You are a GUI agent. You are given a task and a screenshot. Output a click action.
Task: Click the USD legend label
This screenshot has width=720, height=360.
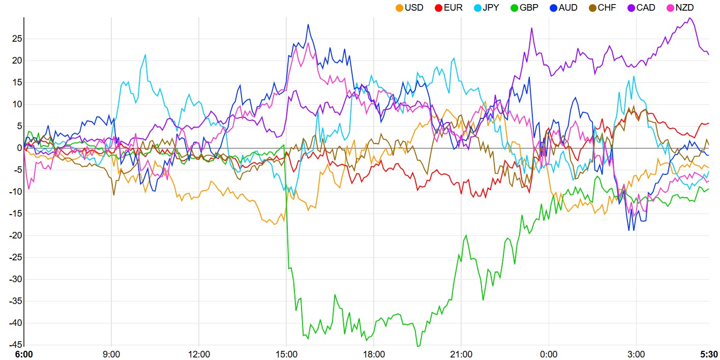[414, 8]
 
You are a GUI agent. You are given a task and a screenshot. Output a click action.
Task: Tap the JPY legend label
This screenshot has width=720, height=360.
[491, 8]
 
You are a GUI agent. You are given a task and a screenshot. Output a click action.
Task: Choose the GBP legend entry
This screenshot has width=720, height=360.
[529, 8]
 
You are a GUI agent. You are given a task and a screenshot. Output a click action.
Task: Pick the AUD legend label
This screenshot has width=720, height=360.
[568, 8]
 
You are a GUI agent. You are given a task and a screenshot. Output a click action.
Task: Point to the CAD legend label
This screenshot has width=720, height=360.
[646, 8]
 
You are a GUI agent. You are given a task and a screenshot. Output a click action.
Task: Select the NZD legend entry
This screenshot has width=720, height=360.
[684, 8]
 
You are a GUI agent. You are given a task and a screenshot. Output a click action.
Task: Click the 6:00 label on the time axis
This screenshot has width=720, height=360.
[23, 354]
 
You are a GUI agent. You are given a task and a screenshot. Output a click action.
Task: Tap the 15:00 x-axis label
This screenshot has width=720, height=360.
[286, 354]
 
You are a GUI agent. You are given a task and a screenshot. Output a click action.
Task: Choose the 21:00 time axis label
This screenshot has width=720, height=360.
[461, 354]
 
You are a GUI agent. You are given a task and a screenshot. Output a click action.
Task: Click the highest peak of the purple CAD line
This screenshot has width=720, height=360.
[689, 18]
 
